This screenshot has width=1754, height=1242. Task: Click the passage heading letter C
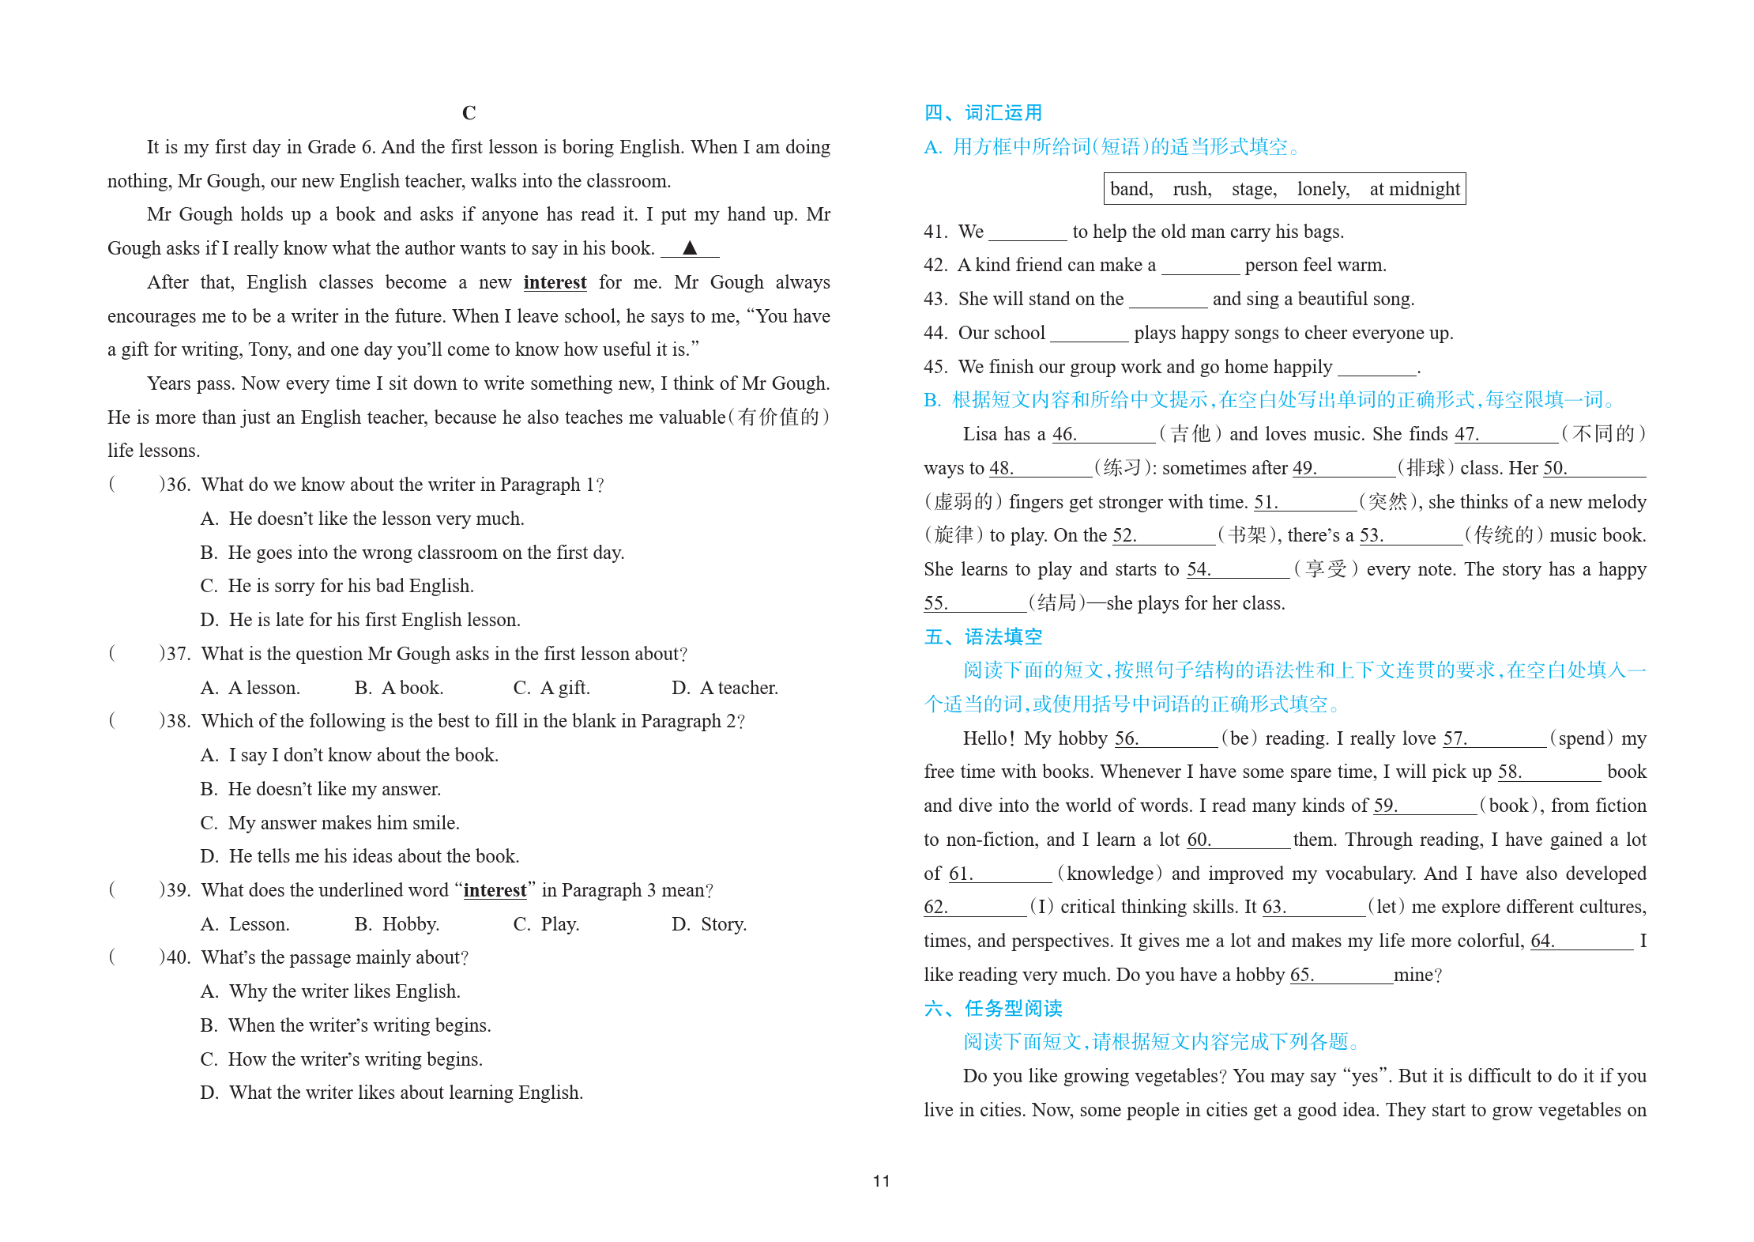point(469,113)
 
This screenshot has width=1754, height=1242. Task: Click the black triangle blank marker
point(689,247)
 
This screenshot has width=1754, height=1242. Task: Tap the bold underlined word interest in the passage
point(555,282)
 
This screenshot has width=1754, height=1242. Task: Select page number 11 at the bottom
point(881,1181)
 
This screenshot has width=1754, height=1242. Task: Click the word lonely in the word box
point(1323,189)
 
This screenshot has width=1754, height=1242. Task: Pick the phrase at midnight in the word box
point(1414,189)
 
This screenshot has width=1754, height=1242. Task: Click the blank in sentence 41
point(1027,232)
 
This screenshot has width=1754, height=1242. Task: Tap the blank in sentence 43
point(1168,300)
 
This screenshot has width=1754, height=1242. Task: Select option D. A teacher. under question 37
point(725,688)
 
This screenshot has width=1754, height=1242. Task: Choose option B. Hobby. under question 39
point(397,924)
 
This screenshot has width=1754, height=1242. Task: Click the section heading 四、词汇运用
point(983,113)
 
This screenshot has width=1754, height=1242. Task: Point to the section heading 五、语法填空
point(983,637)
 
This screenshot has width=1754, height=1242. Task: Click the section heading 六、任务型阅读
point(993,1009)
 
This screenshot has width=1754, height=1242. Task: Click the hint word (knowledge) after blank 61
point(1110,874)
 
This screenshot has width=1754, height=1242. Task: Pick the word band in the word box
point(1131,189)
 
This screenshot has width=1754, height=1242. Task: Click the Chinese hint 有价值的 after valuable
point(778,417)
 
